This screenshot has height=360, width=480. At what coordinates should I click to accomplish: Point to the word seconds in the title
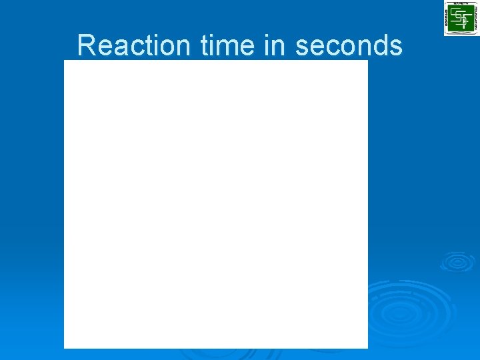click(x=349, y=45)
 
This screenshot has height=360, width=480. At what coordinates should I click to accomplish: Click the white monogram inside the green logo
click(x=461, y=17)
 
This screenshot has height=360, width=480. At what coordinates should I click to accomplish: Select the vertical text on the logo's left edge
click(x=447, y=18)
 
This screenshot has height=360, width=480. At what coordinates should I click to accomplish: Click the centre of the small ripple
click(x=457, y=262)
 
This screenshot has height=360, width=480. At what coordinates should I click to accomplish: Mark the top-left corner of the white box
click(x=64, y=60)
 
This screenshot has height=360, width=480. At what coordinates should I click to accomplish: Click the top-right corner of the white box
click(x=368, y=60)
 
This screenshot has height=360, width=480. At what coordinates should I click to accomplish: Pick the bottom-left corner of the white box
click(x=64, y=348)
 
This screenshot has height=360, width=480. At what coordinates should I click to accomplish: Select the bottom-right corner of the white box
click(x=368, y=348)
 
